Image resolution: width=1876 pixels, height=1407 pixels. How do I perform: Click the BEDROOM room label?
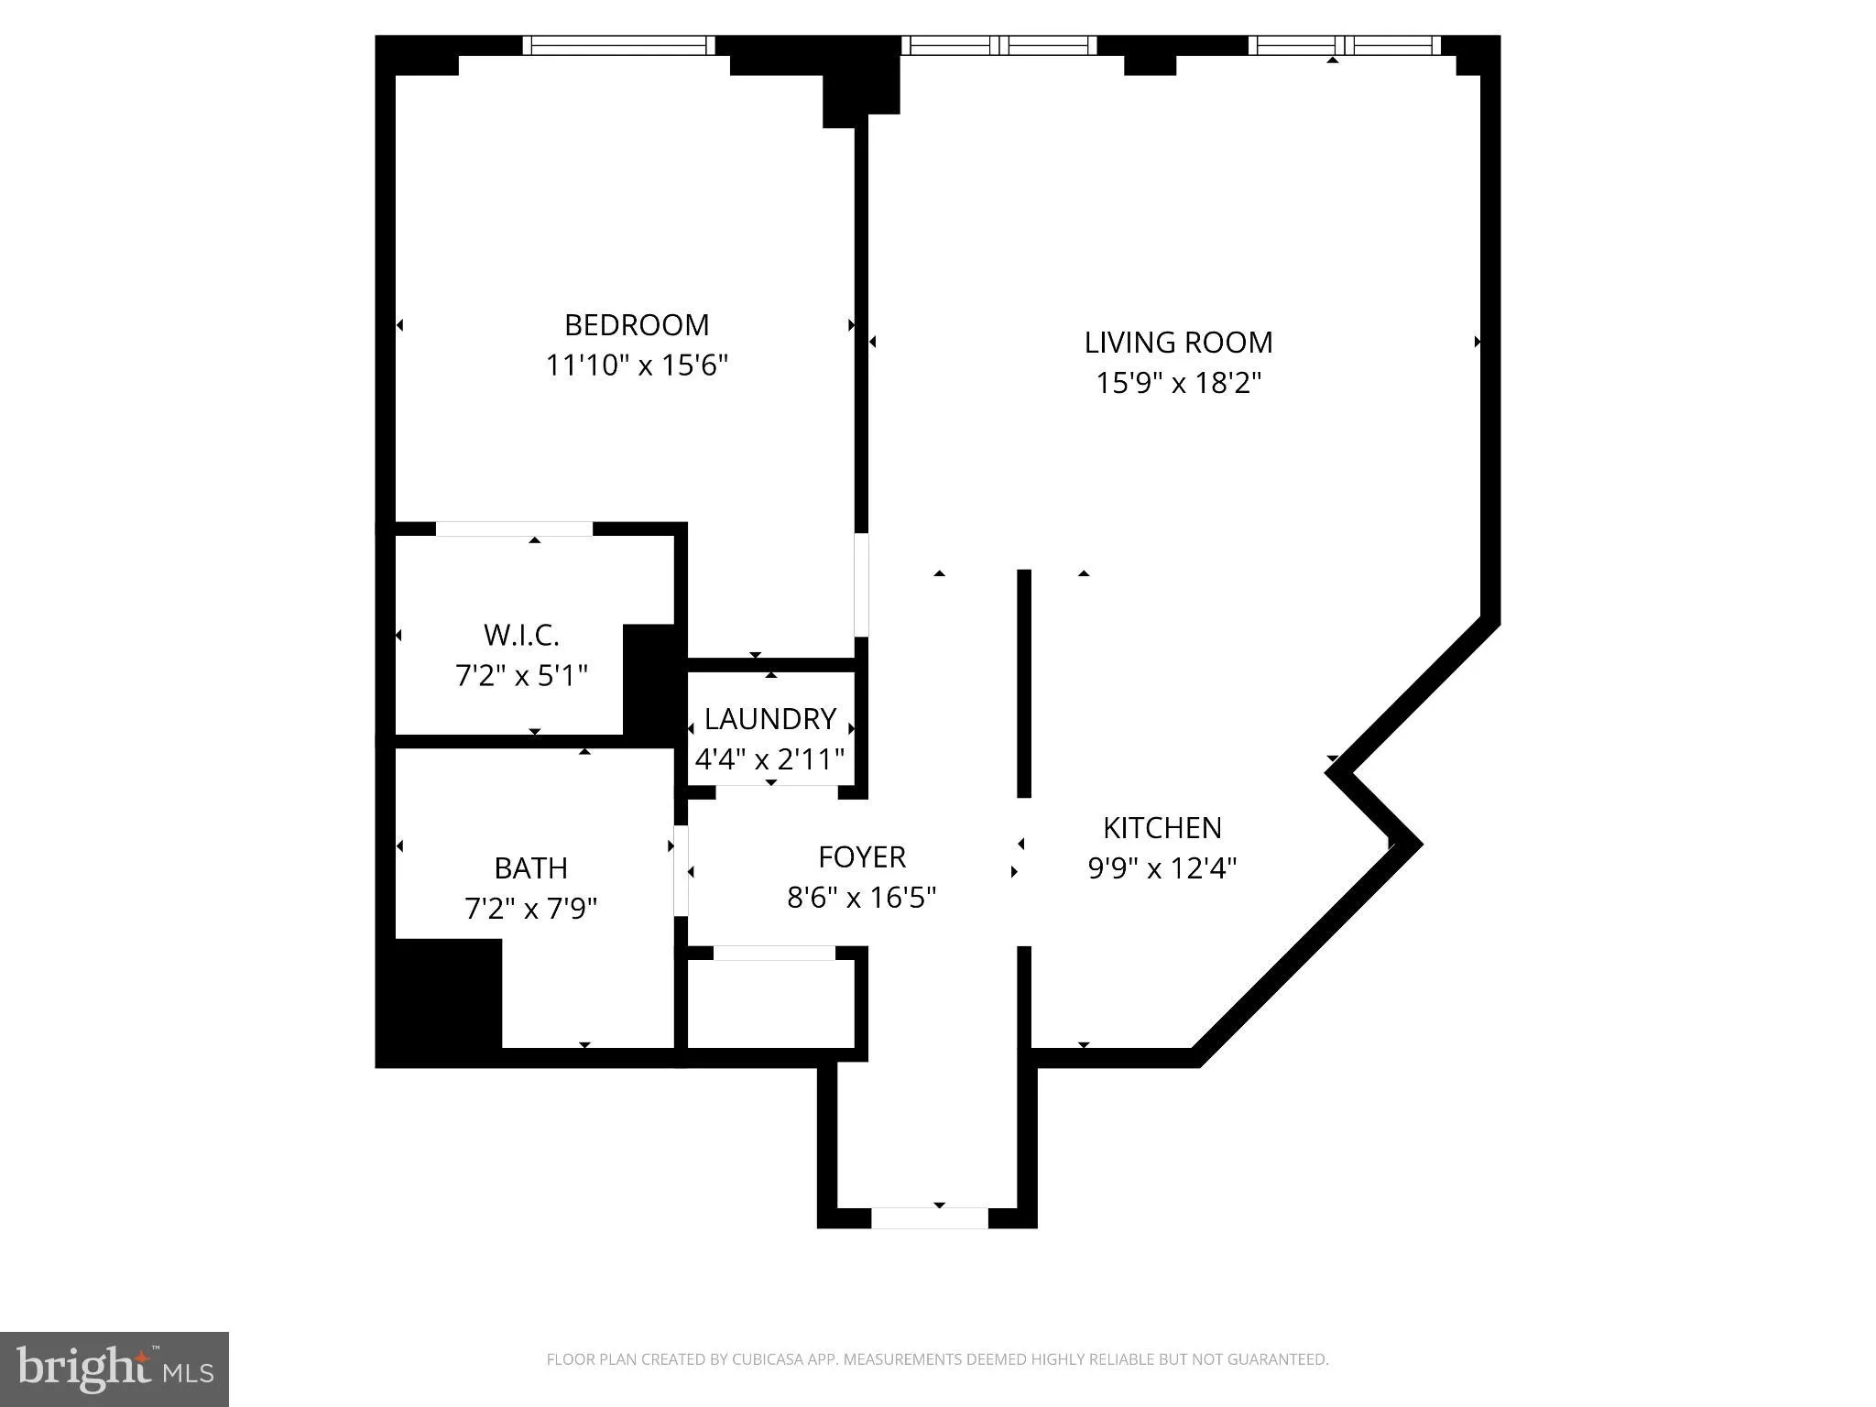click(637, 325)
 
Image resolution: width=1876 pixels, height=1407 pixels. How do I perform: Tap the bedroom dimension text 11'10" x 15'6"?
click(637, 365)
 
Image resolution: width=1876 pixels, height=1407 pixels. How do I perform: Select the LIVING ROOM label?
click(1178, 343)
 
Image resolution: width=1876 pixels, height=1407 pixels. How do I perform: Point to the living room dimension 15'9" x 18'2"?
click(1178, 382)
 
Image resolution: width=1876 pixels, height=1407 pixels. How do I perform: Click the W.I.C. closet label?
click(521, 635)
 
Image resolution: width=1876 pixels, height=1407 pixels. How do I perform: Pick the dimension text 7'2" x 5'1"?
click(521, 676)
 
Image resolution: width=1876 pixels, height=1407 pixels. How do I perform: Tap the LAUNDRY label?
click(769, 719)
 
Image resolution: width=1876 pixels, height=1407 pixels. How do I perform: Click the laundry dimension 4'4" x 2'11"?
click(769, 759)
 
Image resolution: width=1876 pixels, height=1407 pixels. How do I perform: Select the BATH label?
click(530, 867)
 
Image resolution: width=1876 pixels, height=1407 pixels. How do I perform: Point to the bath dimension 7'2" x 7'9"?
click(530, 909)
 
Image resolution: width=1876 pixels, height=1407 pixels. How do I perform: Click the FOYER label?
click(861, 857)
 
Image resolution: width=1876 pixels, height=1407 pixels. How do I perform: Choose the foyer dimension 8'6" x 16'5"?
click(861, 897)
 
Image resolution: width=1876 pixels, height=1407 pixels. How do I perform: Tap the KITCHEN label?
click(1162, 828)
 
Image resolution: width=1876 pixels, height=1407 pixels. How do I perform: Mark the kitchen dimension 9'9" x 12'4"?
click(1162, 867)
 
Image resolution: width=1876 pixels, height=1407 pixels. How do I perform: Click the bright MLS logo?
click(115, 1369)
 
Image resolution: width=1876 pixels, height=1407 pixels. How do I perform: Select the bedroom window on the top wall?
click(618, 45)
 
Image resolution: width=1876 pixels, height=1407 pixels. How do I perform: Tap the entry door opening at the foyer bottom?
click(929, 1217)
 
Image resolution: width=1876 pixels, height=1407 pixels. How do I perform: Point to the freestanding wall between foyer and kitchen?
click(1024, 682)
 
